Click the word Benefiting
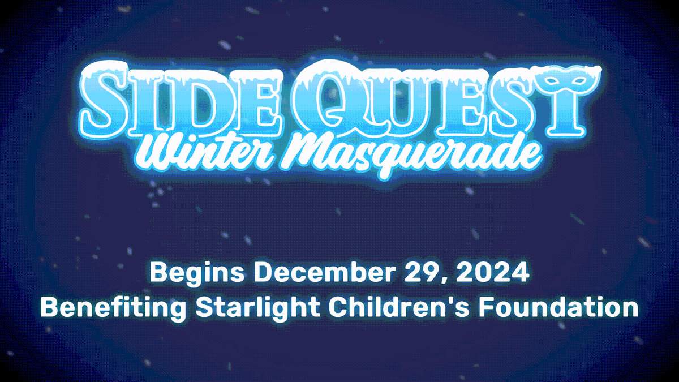(x=113, y=307)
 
